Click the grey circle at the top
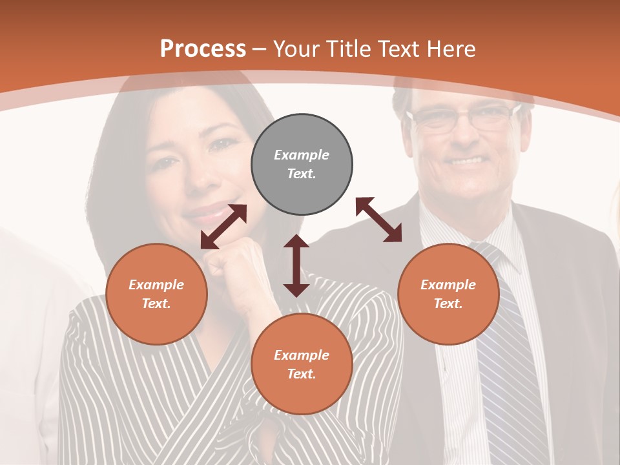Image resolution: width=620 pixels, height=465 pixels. coord(302,164)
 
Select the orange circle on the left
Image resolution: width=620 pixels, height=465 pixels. coord(156,294)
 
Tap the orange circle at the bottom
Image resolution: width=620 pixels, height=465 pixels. coord(302,364)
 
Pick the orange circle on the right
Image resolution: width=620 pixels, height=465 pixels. coord(448,294)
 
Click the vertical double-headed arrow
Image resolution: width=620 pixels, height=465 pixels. coord(296,265)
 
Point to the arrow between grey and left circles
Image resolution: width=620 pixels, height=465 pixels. coord(223,227)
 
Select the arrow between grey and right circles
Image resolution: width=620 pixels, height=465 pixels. coord(379,220)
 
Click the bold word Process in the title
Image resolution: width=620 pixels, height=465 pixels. coord(203,48)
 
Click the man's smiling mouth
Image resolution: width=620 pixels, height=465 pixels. coord(468,160)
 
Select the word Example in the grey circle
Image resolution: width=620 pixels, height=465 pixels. coord(302,155)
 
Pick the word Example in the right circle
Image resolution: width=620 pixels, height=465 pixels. coord(448,285)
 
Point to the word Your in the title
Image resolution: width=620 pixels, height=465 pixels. coord(296,49)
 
